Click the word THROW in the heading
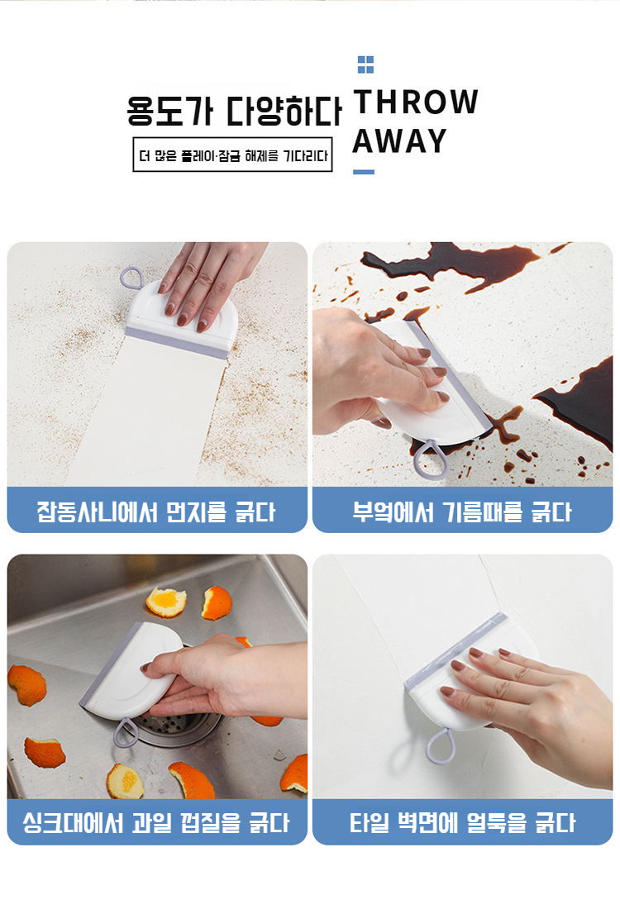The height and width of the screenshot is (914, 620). click(416, 102)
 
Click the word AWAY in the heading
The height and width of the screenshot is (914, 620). click(399, 141)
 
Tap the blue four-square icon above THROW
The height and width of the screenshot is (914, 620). click(365, 64)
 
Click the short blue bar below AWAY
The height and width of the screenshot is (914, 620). click(364, 172)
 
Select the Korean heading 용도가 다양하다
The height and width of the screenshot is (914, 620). click(234, 111)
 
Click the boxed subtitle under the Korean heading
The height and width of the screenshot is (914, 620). click(232, 155)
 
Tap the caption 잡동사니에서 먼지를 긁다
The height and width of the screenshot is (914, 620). click(156, 511)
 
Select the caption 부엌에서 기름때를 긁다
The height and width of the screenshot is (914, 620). click(462, 511)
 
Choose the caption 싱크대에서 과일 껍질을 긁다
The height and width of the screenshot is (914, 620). click(156, 822)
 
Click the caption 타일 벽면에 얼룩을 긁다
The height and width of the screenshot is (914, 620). click(462, 822)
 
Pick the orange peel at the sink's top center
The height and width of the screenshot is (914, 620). click(166, 601)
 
